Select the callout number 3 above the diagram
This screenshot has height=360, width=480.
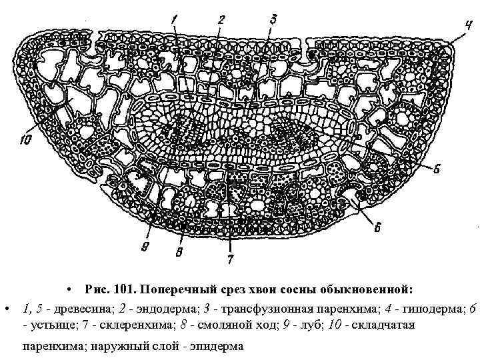click(x=274, y=19)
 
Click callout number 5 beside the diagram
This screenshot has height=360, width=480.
click(x=437, y=169)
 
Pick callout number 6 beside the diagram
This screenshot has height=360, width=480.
click(x=377, y=228)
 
